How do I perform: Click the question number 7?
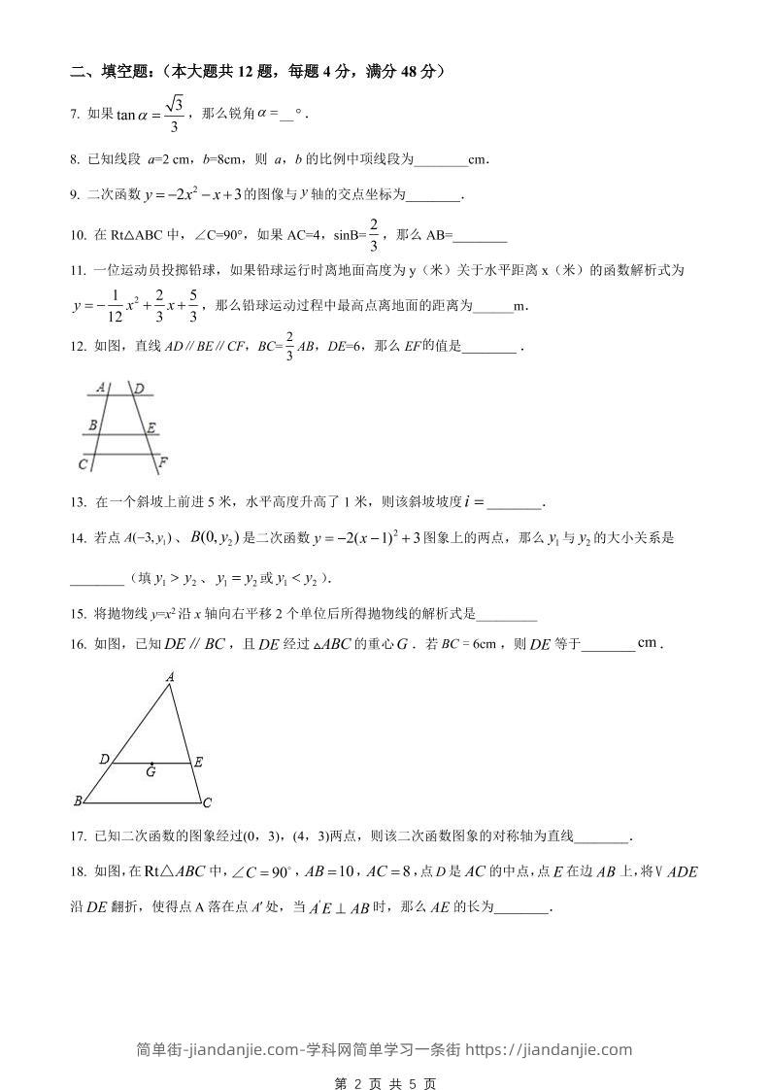coord(75,115)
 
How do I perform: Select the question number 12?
coord(78,346)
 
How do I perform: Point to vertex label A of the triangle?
coord(170,676)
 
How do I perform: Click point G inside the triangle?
coord(151,771)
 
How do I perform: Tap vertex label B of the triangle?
coord(77,801)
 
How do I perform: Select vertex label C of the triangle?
coord(208,802)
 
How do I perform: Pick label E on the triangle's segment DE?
coord(198,763)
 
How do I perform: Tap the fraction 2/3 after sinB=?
coord(374,233)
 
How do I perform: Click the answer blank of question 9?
coord(432,196)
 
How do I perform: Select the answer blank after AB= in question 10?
coord(481,236)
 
